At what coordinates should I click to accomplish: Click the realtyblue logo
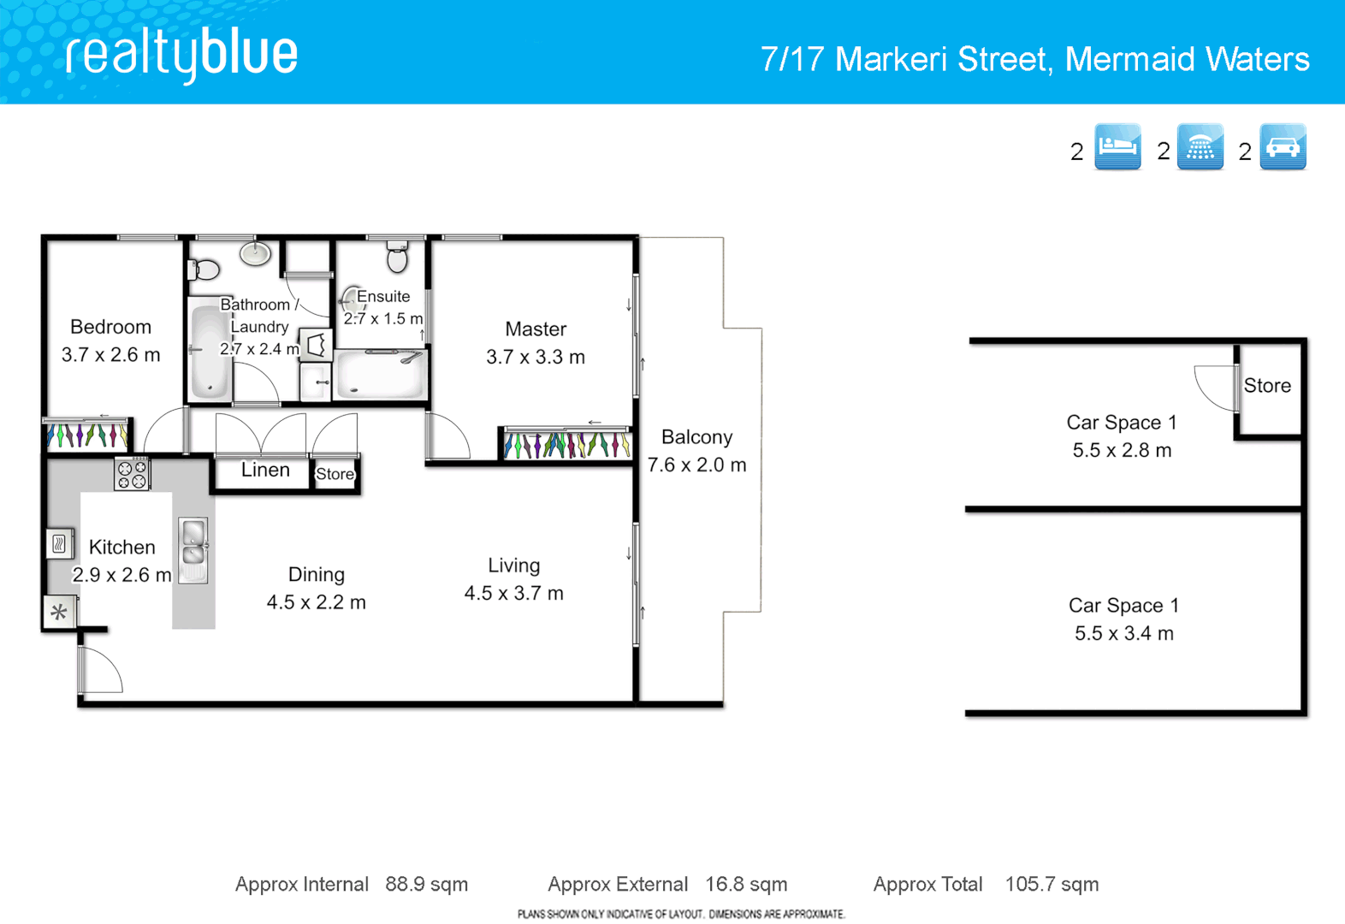(181, 55)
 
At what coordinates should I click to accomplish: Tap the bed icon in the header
(1117, 147)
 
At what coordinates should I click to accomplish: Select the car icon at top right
(1282, 147)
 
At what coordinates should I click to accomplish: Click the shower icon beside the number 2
(1200, 147)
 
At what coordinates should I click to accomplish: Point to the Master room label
(536, 329)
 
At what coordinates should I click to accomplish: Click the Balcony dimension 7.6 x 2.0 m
(696, 465)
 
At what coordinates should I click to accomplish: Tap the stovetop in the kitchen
(132, 474)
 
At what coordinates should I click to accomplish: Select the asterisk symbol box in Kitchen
(59, 612)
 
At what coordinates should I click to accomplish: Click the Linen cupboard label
(264, 470)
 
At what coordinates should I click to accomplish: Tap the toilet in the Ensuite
(397, 257)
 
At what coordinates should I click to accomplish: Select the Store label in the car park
(1267, 386)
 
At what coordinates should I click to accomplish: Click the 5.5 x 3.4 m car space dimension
(1123, 634)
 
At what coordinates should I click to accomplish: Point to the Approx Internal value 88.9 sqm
(426, 885)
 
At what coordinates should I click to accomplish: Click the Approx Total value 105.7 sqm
(1052, 885)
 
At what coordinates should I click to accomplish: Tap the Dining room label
(316, 575)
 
